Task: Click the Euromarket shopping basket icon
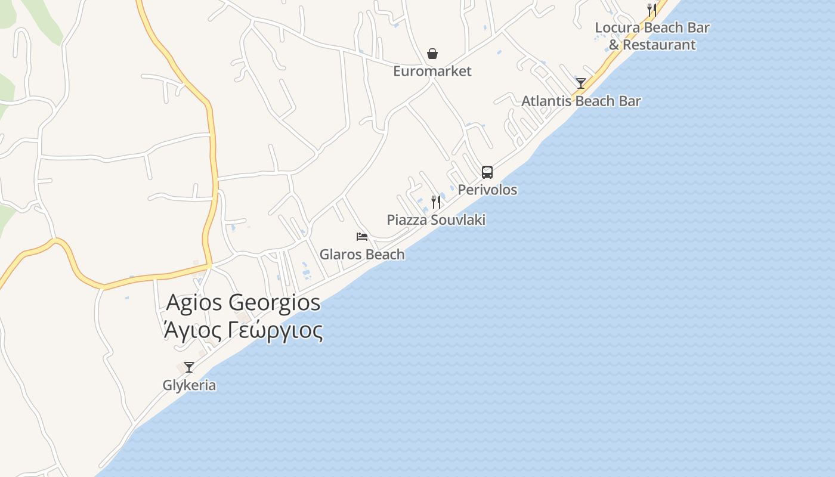point(432,54)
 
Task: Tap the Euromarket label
point(432,71)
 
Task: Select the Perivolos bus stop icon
point(487,172)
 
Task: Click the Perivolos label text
point(487,190)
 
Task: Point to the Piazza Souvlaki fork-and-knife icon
point(436,202)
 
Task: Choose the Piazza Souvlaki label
point(436,219)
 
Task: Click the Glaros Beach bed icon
point(362,237)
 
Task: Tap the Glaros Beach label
point(362,254)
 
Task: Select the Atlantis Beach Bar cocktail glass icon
point(581,83)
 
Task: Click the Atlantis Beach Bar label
point(581,101)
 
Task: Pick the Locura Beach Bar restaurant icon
point(652,10)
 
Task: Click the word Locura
point(618,27)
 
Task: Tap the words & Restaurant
point(652,45)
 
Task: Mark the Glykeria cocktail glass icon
point(189,367)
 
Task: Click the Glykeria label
point(189,385)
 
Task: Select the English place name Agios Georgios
point(243,302)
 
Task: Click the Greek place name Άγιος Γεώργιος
point(243,330)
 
